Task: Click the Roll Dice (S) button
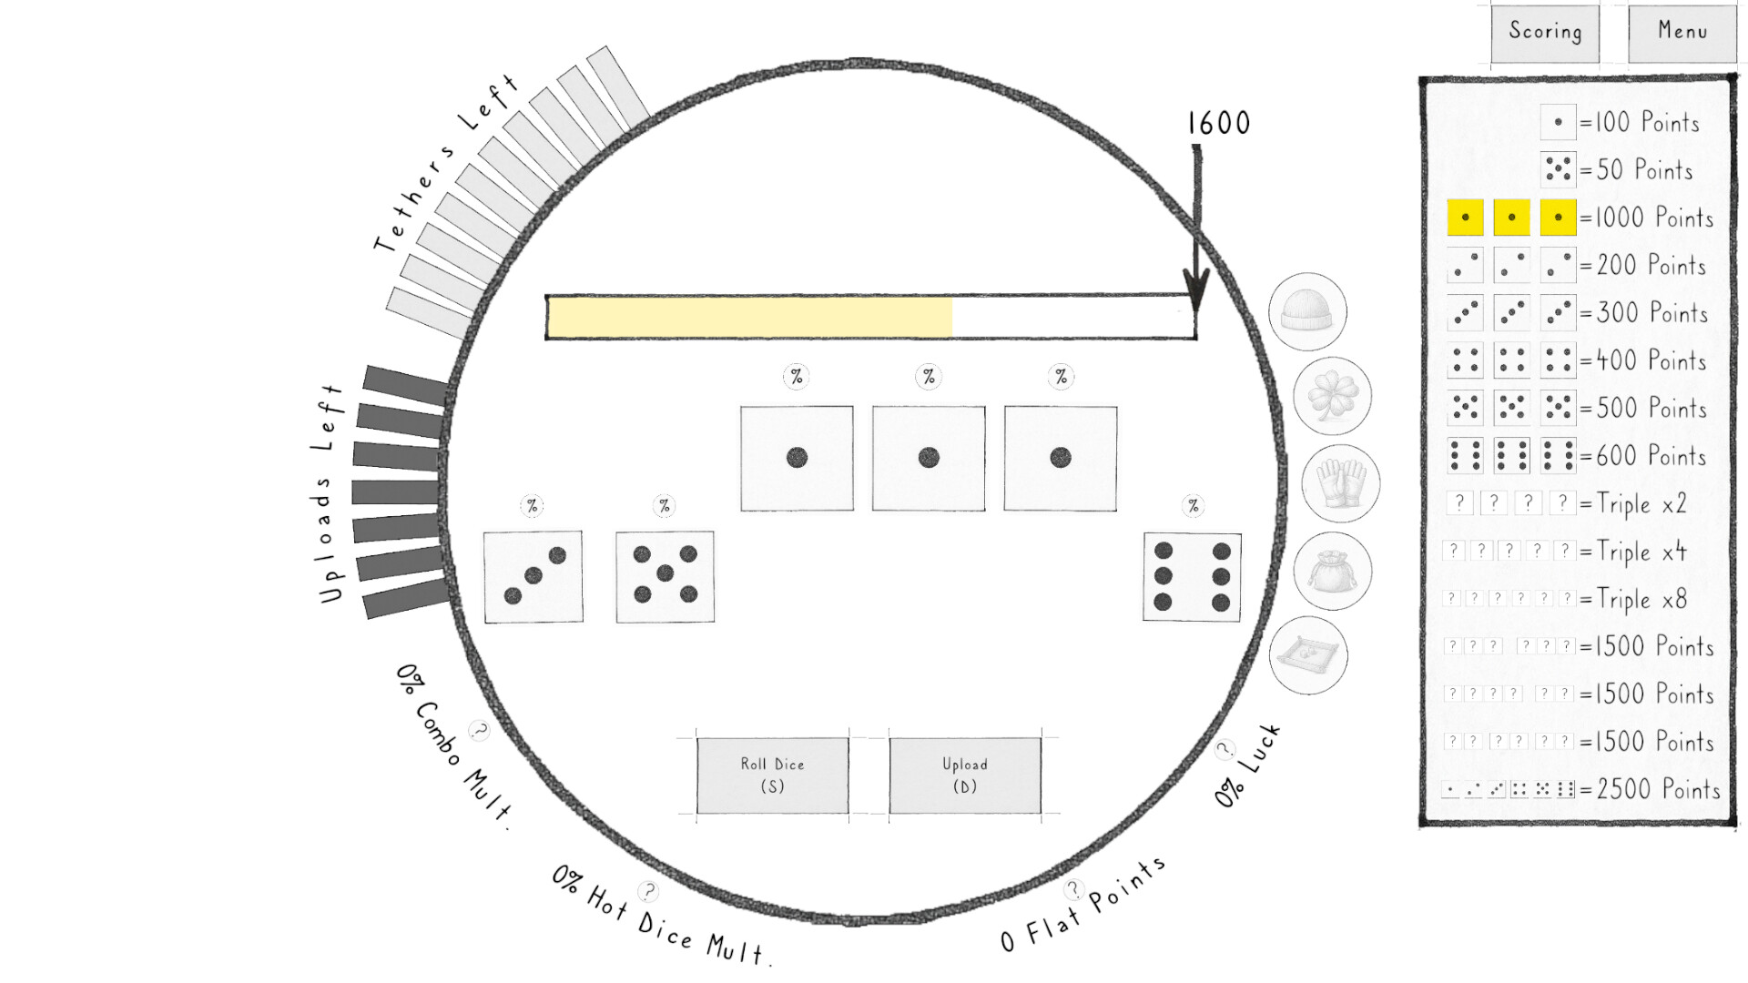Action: coord(772,775)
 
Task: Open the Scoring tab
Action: coord(1545,33)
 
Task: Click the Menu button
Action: coord(1682,33)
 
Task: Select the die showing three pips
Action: coord(534,577)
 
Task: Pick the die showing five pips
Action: coord(665,577)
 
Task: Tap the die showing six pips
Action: coord(1192,577)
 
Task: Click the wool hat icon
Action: coord(1307,312)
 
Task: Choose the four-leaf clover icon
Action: coord(1332,397)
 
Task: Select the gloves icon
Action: coord(1340,483)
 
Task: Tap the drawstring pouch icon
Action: coord(1332,571)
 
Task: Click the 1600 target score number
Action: coord(1218,123)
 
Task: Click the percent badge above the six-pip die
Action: coord(1193,506)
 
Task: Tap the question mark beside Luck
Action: coord(1225,749)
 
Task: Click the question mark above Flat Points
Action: coord(1074,889)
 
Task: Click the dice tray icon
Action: coord(1307,655)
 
